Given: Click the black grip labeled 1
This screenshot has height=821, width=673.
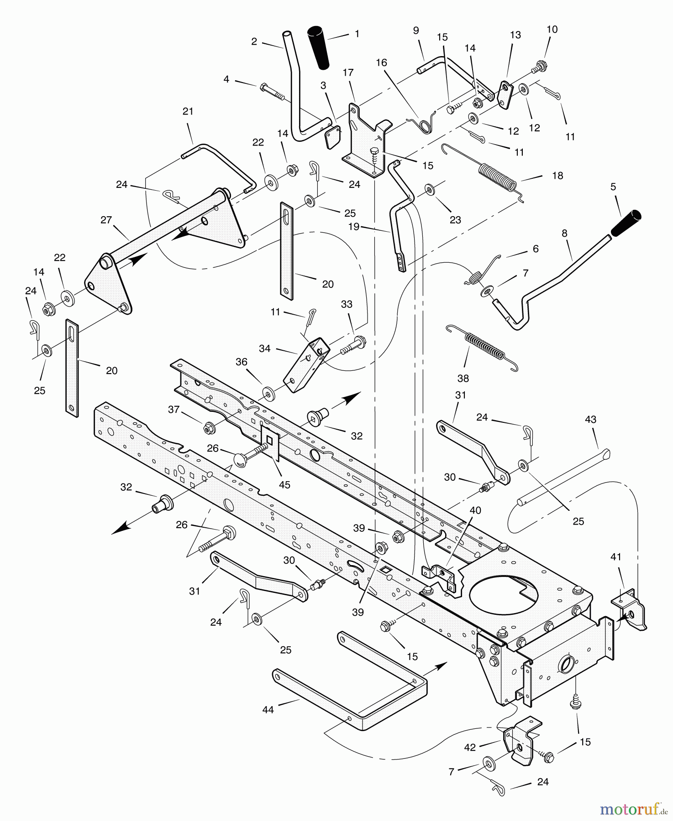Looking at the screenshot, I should pos(318,48).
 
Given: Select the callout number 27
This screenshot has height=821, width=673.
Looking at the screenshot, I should pos(106,220).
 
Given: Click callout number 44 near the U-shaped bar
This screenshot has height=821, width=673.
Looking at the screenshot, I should pos(268,710).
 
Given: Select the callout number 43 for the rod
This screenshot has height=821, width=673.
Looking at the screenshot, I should pos(590,419).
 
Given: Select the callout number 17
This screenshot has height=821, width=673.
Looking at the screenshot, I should pos(348,73).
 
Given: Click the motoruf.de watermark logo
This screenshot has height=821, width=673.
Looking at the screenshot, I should pos(632,809).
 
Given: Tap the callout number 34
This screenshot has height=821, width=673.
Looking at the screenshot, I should pos(264,348).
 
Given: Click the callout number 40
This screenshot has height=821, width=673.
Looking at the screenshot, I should pos(475,510).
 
